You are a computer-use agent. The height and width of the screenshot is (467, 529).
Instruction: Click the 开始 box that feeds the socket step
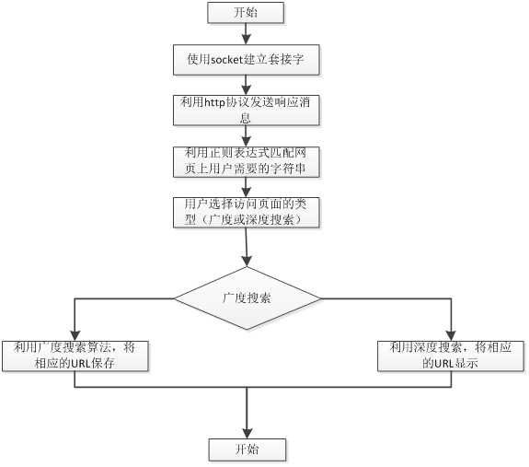click(247, 13)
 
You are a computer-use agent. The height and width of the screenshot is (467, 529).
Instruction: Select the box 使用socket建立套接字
click(247, 59)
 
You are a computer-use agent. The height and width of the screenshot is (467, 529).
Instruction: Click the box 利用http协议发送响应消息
click(247, 110)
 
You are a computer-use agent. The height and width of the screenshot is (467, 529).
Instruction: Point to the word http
click(227, 103)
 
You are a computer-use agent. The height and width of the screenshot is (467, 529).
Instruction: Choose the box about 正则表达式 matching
click(247, 160)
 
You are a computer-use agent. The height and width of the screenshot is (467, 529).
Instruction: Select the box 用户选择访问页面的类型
click(247, 212)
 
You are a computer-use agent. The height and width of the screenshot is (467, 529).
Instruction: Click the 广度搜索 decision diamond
click(247, 298)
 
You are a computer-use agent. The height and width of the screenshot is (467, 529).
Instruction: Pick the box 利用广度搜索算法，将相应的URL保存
click(75, 355)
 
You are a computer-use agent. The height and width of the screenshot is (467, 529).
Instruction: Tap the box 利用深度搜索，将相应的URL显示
click(450, 355)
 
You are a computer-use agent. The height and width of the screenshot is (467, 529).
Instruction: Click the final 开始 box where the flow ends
click(247, 449)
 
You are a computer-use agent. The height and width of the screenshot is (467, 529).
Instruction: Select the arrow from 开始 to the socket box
click(247, 34)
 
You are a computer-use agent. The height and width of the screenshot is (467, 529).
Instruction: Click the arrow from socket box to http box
click(247, 85)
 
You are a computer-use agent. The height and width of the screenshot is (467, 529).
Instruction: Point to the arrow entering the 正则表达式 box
click(247, 135)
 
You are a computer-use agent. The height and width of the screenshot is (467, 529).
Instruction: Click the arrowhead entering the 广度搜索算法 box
click(75, 334)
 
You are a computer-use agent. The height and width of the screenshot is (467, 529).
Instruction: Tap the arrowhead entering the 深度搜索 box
click(450, 334)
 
